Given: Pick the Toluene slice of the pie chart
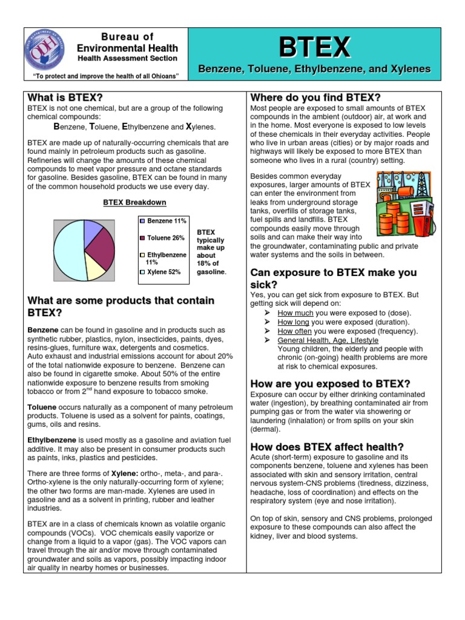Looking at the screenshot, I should click(x=101, y=248).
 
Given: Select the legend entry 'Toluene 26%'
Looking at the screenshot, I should click(x=162, y=238).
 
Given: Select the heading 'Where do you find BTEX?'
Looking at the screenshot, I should click(x=315, y=97).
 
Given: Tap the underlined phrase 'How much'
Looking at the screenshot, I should click(x=295, y=313).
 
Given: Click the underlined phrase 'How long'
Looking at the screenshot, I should click(x=294, y=322).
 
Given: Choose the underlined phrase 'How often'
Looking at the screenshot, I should click(x=295, y=331).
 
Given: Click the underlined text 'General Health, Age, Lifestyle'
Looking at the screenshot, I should click(x=328, y=340).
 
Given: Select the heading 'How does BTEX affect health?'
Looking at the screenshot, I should click(x=327, y=446).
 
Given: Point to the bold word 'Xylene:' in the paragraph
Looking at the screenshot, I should click(x=125, y=472).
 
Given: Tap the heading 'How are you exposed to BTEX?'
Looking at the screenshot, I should click(x=330, y=384).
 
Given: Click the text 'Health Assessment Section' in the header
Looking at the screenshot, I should click(x=127, y=58).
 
